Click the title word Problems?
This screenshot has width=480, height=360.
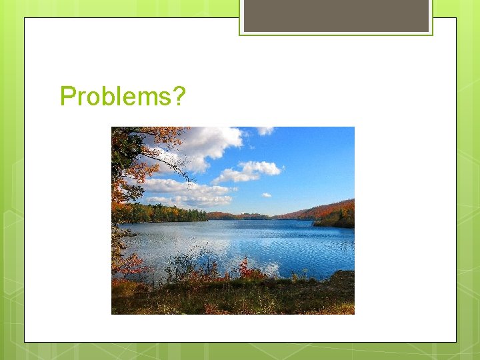pos(123,97)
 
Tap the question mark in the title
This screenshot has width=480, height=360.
pos(178,97)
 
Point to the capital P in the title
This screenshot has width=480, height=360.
pos(67,97)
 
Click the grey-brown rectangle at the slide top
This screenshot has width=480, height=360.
pos(335,15)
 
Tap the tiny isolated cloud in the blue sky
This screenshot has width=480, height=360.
pos(266,195)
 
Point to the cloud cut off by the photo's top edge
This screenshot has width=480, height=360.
pos(265,130)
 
